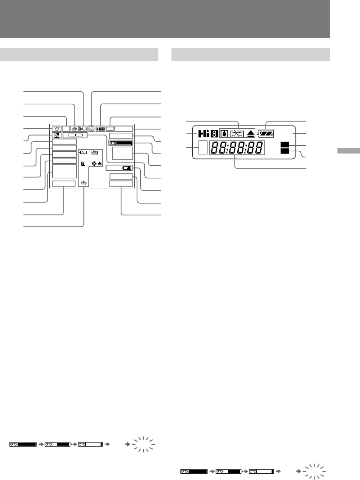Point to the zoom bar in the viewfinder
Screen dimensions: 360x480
click(75, 135)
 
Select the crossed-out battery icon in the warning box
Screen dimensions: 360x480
click(83, 153)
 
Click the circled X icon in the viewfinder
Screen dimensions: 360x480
click(94, 163)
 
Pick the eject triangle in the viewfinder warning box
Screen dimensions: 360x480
click(100, 163)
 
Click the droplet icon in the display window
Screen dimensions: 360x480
click(224, 134)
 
